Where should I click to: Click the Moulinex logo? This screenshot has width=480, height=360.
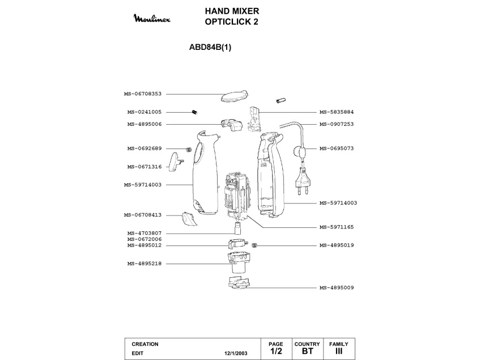[155, 20]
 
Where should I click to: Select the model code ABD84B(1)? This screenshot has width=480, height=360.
[210, 48]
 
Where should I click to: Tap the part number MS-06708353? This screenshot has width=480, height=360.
[143, 94]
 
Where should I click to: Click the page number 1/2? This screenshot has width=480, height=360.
[276, 351]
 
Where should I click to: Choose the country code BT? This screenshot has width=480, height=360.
[307, 351]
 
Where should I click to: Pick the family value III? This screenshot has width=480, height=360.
[339, 351]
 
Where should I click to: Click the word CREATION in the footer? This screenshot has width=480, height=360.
[145, 344]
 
